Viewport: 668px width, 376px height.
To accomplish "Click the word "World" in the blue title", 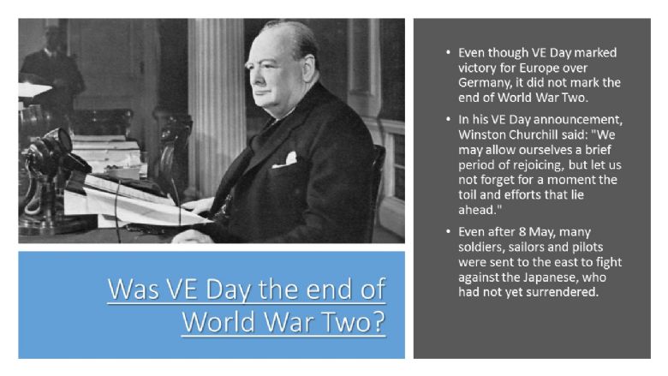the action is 218,321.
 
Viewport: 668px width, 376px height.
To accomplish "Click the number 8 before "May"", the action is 522,232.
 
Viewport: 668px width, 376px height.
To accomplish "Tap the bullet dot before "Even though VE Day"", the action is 448,52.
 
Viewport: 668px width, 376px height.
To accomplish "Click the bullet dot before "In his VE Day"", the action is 448,119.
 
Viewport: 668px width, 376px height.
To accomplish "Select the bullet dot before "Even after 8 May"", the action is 448,231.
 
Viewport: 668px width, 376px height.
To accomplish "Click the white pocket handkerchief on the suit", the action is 285,160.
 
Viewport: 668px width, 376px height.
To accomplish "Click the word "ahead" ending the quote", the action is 478,210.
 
